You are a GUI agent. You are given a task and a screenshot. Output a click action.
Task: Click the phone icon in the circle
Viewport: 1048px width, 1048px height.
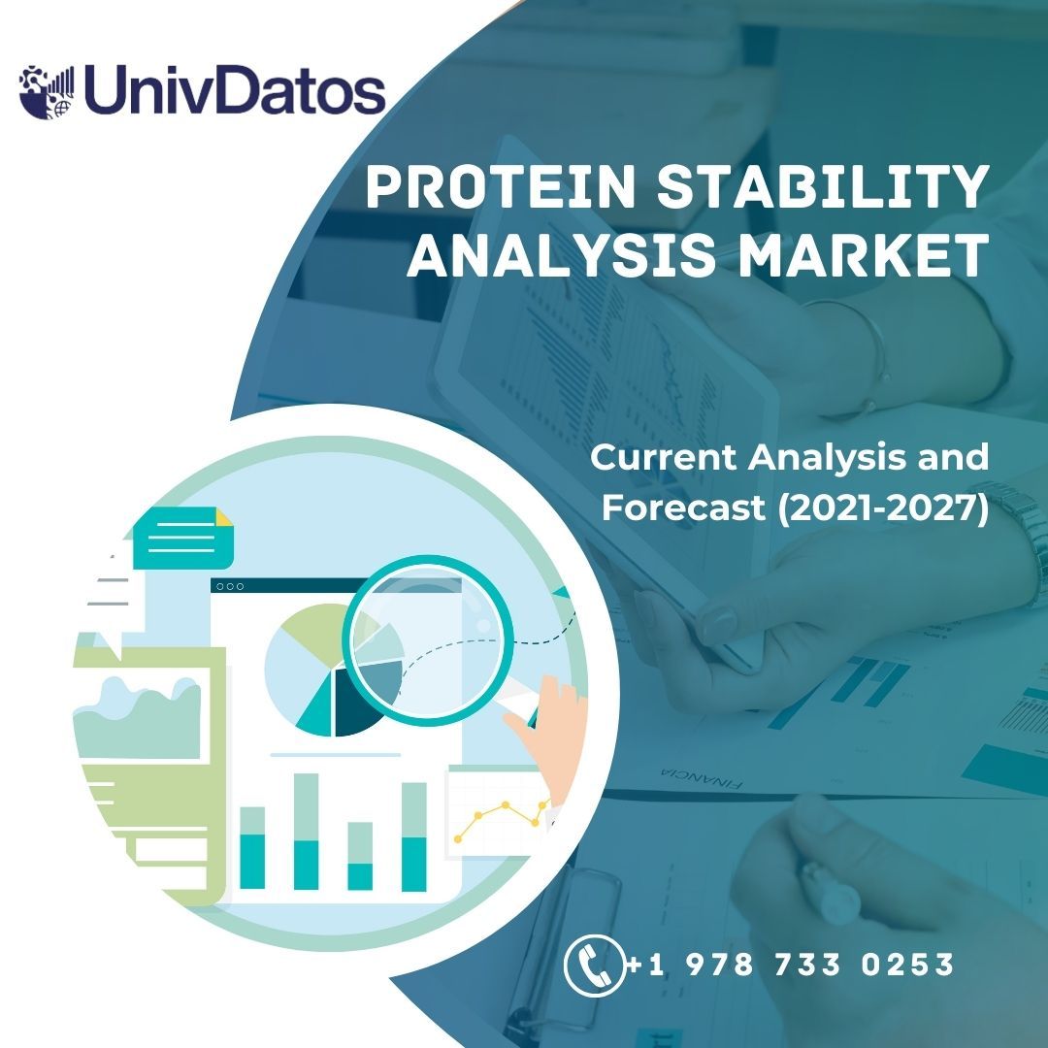(x=594, y=965)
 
